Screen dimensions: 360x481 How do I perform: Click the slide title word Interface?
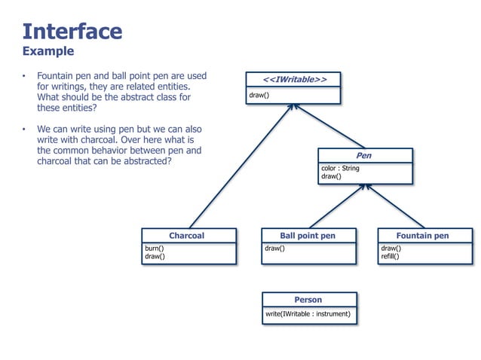click(x=72, y=31)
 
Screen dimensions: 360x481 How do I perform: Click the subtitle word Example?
click(x=48, y=51)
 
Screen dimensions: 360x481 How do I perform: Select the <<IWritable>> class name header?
click(x=294, y=79)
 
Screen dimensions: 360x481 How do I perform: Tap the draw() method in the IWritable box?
click(x=259, y=96)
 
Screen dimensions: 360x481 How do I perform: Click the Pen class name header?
click(x=365, y=155)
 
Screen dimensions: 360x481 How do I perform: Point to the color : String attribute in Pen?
click(x=341, y=168)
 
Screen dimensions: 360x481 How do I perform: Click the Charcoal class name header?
click(x=187, y=235)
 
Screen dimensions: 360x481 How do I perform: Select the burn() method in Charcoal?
click(x=155, y=248)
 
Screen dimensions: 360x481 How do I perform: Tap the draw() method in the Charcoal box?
click(x=155, y=256)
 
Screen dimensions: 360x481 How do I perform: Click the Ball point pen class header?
click(x=308, y=235)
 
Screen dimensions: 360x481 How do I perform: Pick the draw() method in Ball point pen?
click(x=274, y=248)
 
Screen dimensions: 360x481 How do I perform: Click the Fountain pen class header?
click(x=423, y=235)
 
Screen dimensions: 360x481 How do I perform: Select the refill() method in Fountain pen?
click(x=391, y=256)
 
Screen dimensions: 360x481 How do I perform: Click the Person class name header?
click(x=308, y=300)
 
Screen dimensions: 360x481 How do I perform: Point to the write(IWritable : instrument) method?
click(x=308, y=313)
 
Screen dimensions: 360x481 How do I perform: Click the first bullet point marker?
click(x=24, y=77)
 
